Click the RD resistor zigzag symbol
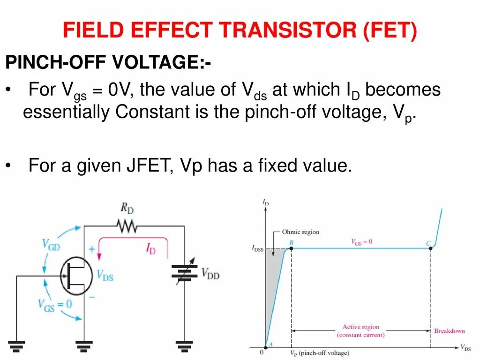127,226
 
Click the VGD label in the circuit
51,244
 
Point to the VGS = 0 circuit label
55,304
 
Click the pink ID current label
150,248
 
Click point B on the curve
291,248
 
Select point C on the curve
430,248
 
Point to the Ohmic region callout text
300,232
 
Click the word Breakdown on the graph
449,331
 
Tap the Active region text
360,327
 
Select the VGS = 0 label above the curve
361,242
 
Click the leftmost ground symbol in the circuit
16,346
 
